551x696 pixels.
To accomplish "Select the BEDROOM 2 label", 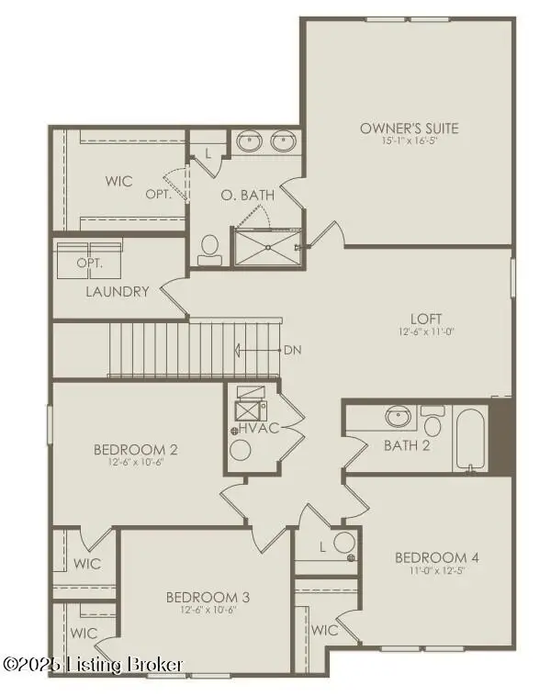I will pos(135,450).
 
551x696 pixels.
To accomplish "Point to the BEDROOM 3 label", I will pos(208,596).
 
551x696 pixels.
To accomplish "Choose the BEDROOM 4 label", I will pos(436,557).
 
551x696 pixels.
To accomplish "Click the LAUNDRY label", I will pos(117,292).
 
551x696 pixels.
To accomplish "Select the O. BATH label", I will pos(246,195).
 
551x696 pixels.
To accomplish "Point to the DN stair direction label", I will pos(292,350).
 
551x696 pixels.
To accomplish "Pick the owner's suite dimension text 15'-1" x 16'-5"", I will pos(409,140).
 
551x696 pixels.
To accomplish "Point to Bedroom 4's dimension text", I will pos(436,570).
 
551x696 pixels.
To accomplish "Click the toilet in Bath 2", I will pos(433,423).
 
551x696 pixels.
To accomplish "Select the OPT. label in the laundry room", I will pos(89,263).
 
